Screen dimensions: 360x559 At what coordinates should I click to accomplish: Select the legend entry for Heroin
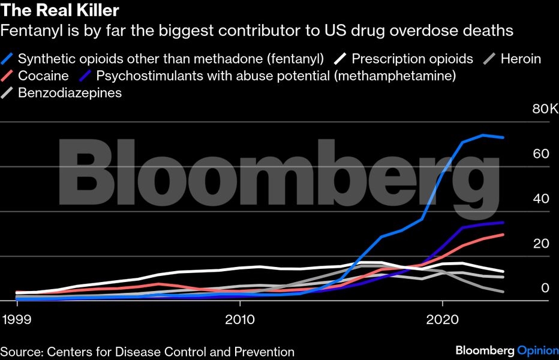coord(521,59)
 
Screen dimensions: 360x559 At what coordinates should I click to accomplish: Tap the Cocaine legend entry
coord(43,76)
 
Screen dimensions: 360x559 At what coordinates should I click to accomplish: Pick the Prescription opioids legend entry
coord(412,59)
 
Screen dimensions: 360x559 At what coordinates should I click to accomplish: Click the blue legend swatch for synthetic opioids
coord(8,59)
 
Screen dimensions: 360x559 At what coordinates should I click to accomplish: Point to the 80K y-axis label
coord(545,110)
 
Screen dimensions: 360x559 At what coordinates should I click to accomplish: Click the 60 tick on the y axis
coord(541,154)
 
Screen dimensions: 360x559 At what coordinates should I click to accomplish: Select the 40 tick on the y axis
coord(541,199)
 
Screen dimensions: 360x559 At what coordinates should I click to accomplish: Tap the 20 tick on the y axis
coord(541,244)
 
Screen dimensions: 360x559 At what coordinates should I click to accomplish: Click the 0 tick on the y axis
coord(545,288)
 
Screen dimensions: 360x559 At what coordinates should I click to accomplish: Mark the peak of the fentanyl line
coord(483,135)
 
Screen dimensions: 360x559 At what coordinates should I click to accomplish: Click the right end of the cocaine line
coord(503,235)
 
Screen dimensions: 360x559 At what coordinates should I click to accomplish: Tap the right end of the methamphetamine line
coord(503,223)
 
